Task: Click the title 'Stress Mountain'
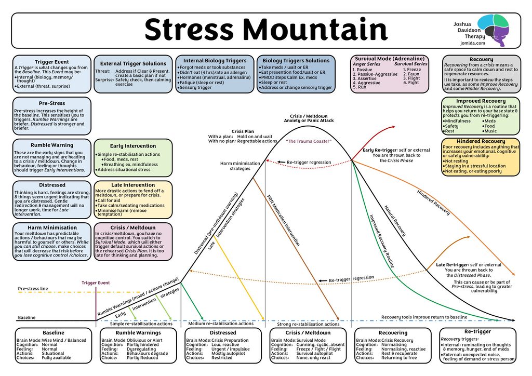click(266, 30)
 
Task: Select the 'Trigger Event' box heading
click(51, 62)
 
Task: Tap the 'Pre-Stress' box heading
click(51, 103)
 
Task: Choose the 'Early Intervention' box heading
click(132, 146)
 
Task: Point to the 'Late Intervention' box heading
click(132, 185)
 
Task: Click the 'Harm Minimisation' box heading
click(51, 227)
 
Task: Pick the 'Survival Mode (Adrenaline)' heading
click(390, 59)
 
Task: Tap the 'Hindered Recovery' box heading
click(480, 141)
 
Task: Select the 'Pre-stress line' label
click(33, 288)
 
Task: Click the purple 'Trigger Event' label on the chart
click(96, 283)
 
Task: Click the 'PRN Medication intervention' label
click(283, 220)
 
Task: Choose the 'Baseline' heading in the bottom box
click(53, 333)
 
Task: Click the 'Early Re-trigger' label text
click(380, 150)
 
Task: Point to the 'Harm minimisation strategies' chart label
click(240, 166)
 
